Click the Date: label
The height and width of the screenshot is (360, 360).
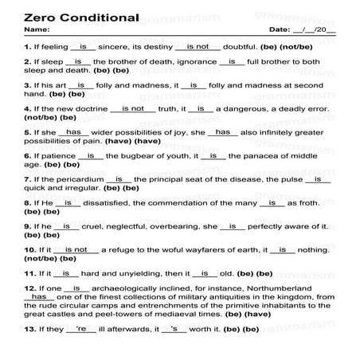tap(282, 29)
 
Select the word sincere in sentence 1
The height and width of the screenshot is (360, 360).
tap(123, 47)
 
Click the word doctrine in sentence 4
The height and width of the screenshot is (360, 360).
tap(88, 108)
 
